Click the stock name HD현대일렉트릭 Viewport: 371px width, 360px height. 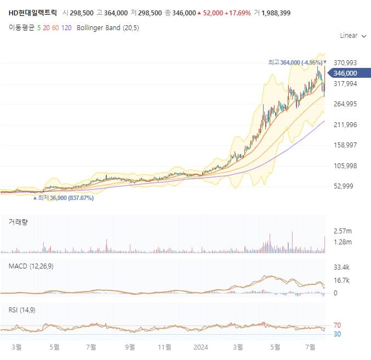point(32,12)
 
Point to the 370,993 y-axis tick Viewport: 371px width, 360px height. point(345,63)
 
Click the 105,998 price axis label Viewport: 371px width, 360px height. point(345,165)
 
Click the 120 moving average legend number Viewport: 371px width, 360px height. point(66,27)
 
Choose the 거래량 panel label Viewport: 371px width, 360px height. point(19,222)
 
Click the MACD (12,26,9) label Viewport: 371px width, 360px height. point(31,266)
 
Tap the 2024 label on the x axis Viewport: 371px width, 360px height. point(201,347)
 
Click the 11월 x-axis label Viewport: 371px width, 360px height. point(164,347)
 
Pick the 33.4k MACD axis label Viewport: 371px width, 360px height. point(341,267)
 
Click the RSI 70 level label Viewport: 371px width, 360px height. point(337,325)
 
